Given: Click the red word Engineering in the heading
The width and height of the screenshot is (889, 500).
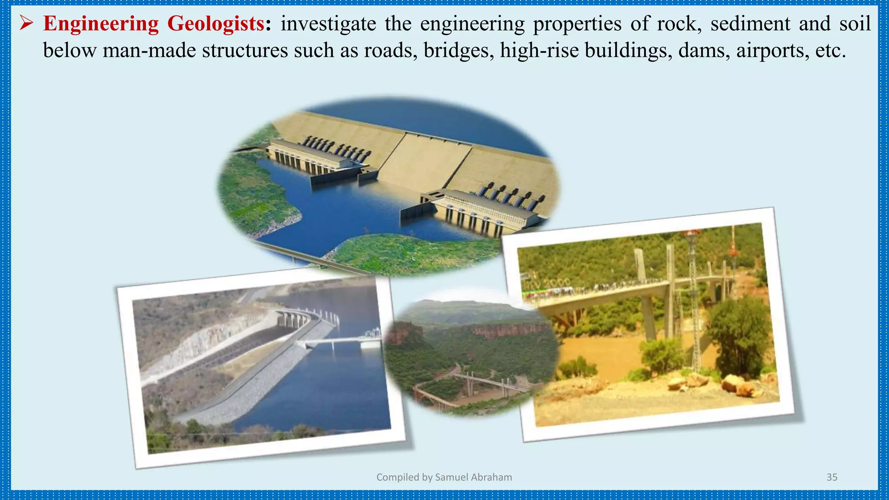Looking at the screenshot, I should [x=101, y=24].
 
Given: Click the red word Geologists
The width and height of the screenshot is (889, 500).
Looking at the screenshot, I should [x=216, y=24].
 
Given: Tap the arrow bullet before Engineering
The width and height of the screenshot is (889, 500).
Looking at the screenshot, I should [x=26, y=24].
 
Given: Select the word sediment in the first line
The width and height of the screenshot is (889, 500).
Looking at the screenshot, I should [x=750, y=24].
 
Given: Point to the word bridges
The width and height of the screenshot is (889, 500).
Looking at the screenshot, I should [x=458, y=51].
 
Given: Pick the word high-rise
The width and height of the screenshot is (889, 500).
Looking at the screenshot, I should [x=539, y=51].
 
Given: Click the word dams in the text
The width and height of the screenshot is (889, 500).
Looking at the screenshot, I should [x=704, y=51].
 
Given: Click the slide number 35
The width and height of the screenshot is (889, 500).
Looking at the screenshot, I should [x=832, y=477].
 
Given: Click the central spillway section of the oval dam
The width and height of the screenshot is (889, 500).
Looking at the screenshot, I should [x=423, y=161].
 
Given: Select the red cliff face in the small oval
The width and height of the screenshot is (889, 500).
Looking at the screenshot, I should [x=504, y=331].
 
